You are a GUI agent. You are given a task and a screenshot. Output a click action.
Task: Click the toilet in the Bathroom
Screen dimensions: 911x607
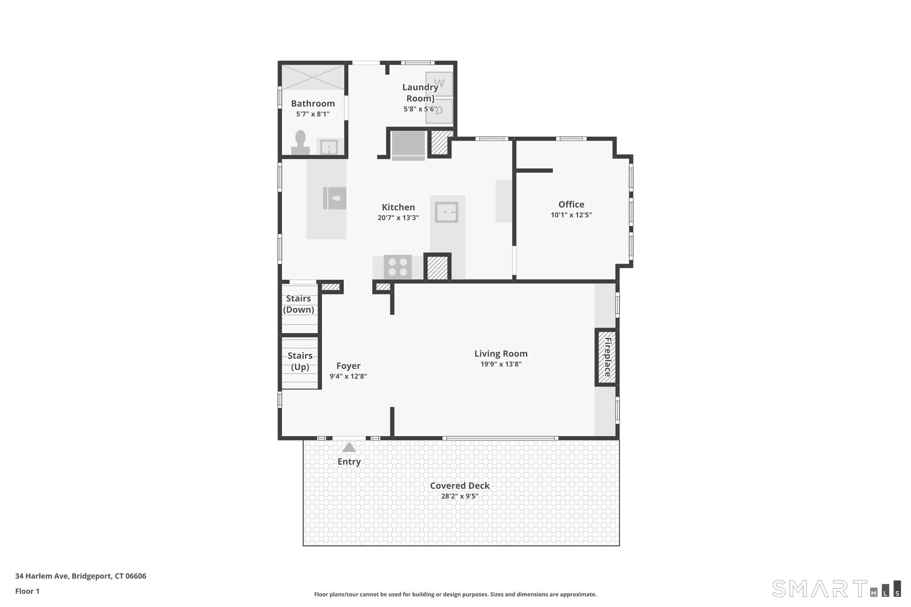click(x=300, y=143)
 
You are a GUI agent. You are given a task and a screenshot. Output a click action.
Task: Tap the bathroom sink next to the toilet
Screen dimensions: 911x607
click(x=329, y=147)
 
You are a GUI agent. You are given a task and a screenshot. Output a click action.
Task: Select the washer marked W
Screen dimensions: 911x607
click(x=439, y=84)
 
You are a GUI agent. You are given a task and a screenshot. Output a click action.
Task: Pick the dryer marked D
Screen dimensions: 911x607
click(x=439, y=111)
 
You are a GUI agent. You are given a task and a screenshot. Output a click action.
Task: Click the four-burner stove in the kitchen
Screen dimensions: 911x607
click(x=398, y=267)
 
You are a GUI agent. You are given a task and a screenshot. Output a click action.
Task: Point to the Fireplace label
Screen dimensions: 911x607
click(x=607, y=357)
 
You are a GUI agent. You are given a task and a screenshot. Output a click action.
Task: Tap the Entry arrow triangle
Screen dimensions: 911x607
click(x=349, y=447)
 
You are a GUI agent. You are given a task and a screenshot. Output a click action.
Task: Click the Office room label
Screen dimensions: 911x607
click(x=571, y=205)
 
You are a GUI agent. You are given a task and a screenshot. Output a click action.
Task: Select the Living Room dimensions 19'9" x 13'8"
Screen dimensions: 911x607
click(x=501, y=364)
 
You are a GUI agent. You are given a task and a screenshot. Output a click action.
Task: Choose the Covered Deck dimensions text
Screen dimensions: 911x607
click(x=460, y=496)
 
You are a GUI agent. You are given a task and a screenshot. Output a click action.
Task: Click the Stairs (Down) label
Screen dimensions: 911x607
click(x=298, y=304)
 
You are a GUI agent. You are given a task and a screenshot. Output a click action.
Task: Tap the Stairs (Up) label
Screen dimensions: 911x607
click(x=300, y=362)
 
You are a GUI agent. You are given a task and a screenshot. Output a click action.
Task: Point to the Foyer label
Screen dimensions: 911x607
click(x=348, y=366)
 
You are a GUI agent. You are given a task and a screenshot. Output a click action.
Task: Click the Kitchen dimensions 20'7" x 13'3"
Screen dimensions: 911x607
click(x=398, y=218)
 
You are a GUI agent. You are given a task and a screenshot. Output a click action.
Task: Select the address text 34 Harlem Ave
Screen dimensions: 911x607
click(x=41, y=576)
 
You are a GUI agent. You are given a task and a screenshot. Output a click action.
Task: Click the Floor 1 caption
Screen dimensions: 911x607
click(x=27, y=591)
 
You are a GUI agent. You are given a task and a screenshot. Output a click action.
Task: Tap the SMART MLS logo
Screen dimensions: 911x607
click(x=837, y=588)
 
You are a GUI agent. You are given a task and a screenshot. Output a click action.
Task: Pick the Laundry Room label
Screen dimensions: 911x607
click(x=420, y=92)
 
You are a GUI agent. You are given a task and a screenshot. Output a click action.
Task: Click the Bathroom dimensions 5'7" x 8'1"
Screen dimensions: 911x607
click(x=313, y=114)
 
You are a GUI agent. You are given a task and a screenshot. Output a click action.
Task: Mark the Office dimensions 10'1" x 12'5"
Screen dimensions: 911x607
click(x=571, y=215)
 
